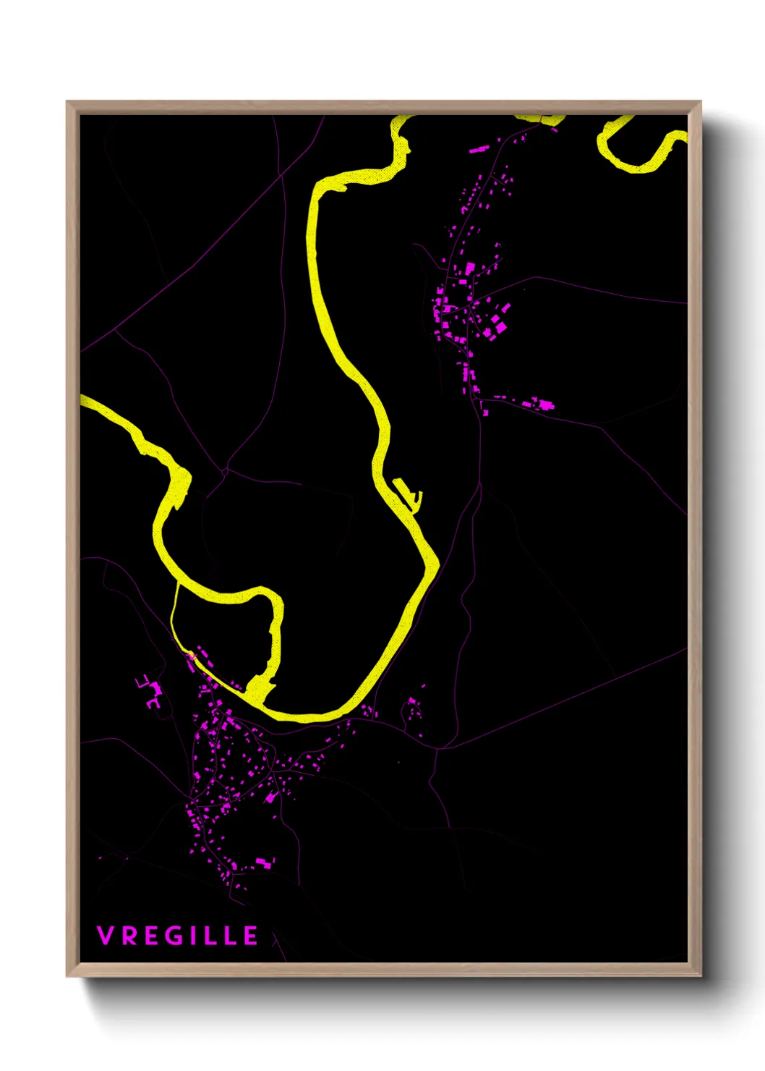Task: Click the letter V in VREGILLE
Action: point(105,936)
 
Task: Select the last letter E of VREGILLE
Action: point(250,936)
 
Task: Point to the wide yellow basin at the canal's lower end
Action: point(259,687)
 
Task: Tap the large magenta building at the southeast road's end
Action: point(547,405)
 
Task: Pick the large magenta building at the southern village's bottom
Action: point(264,862)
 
